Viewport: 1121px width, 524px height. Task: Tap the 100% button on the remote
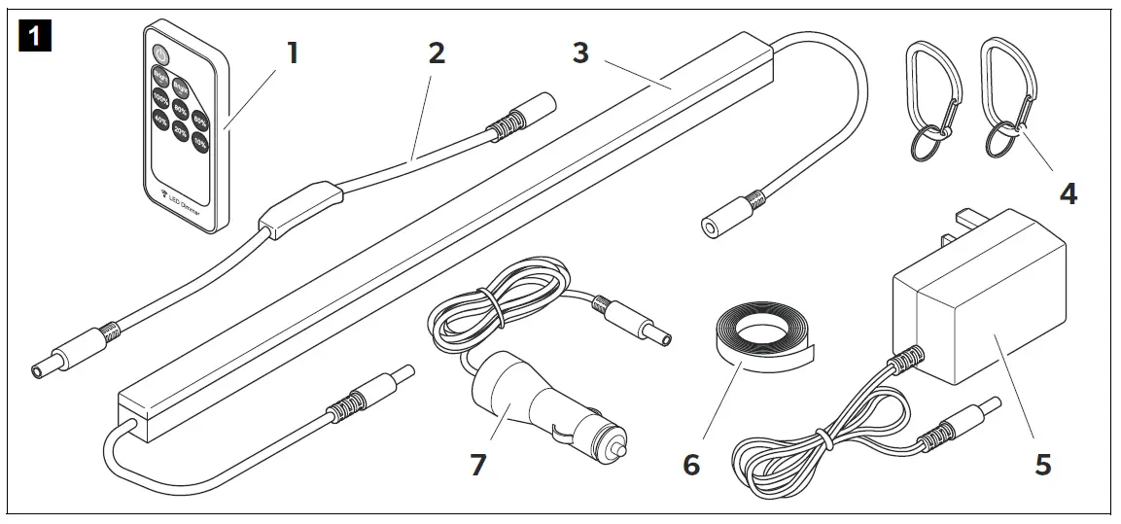click(x=159, y=97)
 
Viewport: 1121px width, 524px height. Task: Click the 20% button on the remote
click(x=180, y=130)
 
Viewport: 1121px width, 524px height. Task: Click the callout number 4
click(x=1068, y=193)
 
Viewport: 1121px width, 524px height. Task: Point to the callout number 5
click(x=1042, y=464)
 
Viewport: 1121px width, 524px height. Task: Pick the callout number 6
click(x=690, y=465)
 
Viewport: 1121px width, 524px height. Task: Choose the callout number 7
click(x=476, y=465)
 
